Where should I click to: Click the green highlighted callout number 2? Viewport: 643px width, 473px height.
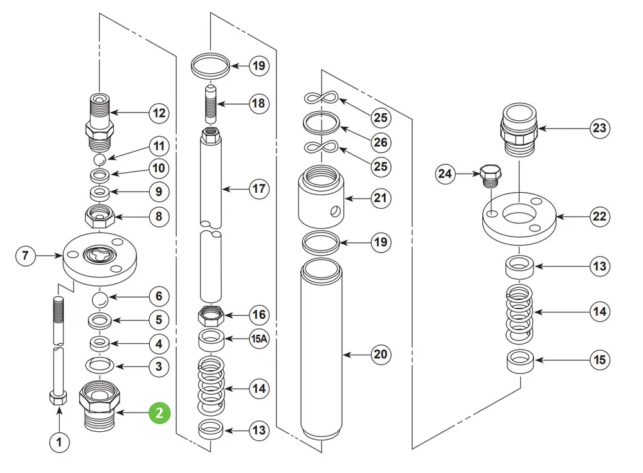coord(159,413)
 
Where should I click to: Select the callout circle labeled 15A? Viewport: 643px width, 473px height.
coord(259,339)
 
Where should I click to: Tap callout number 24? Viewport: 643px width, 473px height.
coord(445,174)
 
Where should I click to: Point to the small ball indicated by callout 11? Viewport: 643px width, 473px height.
coord(100,159)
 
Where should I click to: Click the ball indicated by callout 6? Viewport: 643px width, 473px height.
coord(99,299)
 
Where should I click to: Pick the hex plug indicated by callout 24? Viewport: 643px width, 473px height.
coord(491,176)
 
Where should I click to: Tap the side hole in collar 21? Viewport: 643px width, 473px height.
coord(335,211)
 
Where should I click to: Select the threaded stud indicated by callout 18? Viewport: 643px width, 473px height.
coord(211,104)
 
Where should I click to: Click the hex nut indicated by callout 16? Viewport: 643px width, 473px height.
coord(210,316)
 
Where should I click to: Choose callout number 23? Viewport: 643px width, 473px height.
coord(599,129)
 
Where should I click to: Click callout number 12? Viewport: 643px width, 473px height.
coord(159,113)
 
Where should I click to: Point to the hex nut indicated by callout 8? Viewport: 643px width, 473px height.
coord(100,215)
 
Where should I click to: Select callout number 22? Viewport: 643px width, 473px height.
coord(599,217)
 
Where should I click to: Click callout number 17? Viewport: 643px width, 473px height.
coord(259,189)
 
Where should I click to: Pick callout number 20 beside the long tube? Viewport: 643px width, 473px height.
coord(381,354)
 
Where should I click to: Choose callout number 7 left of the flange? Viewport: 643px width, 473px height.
coord(26,256)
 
